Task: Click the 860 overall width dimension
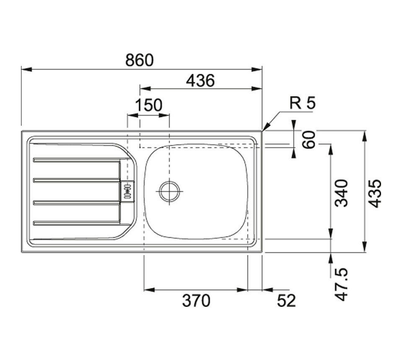(140, 60)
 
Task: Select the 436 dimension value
(200, 80)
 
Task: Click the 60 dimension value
(309, 139)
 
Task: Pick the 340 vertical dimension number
(343, 193)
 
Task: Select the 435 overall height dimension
(376, 193)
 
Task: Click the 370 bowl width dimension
(196, 301)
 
